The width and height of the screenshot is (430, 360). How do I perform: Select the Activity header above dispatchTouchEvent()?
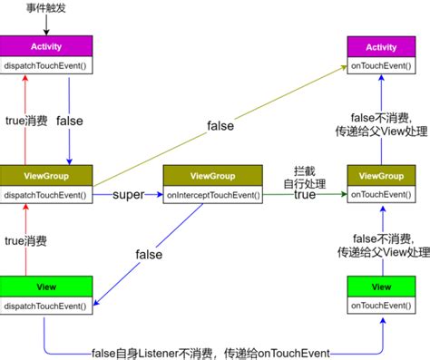(x=45, y=45)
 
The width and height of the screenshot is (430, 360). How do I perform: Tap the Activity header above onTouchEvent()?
(x=381, y=46)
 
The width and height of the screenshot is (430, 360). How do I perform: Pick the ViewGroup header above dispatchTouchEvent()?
(x=45, y=175)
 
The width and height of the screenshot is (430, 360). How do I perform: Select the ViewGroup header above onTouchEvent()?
(x=381, y=175)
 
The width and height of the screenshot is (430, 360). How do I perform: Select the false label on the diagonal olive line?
(x=222, y=125)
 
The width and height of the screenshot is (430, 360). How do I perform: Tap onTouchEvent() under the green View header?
(x=381, y=305)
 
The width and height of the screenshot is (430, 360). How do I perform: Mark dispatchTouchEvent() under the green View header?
(x=45, y=305)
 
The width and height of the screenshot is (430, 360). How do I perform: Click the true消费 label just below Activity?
(x=26, y=121)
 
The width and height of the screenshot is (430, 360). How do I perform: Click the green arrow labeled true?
(x=304, y=195)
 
